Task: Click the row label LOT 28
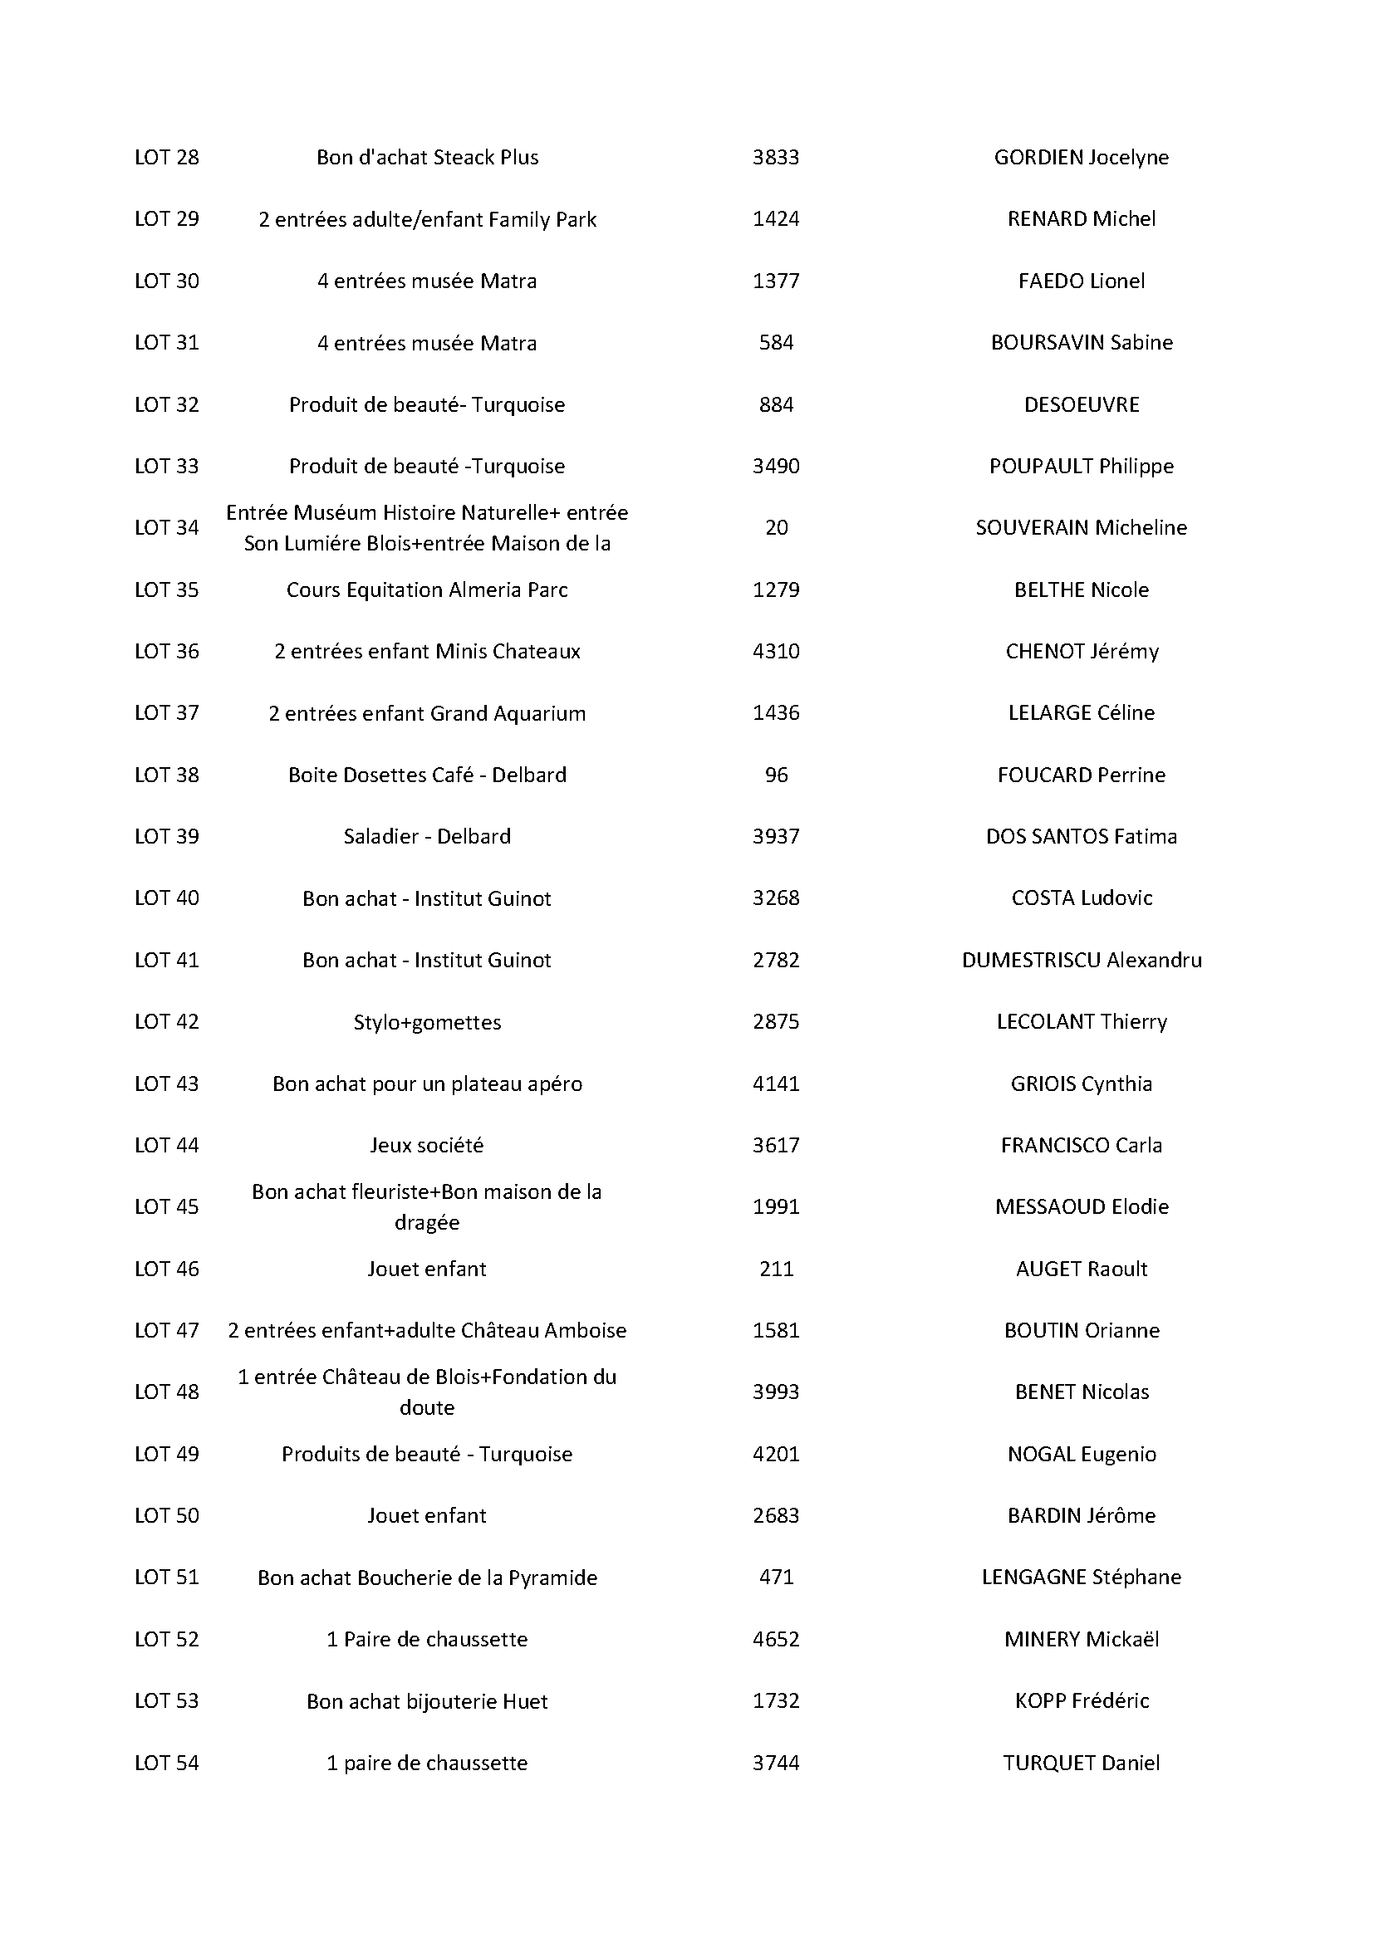click(x=167, y=157)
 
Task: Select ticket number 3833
click(x=776, y=157)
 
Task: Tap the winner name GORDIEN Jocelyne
click(x=1082, y=157)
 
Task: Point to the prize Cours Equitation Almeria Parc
click(x=427, y=589)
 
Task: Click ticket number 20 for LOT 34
click(x=776, y=528)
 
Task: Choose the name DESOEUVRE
click(x=1082, y=404)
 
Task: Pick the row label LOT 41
click(x=167, y=960)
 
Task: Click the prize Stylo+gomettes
click(x=427, y=1022)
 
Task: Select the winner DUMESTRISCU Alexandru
click(x=1082, y=960)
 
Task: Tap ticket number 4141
click(x=776, y=1084)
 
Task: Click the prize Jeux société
click(x=427, y=1145)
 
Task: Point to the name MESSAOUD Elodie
click(x=1082, y=1207)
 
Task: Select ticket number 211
click(x=776, y=1269)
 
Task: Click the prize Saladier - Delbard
click(x=427, y=837)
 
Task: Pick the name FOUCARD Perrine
click(x=1082, y=775)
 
